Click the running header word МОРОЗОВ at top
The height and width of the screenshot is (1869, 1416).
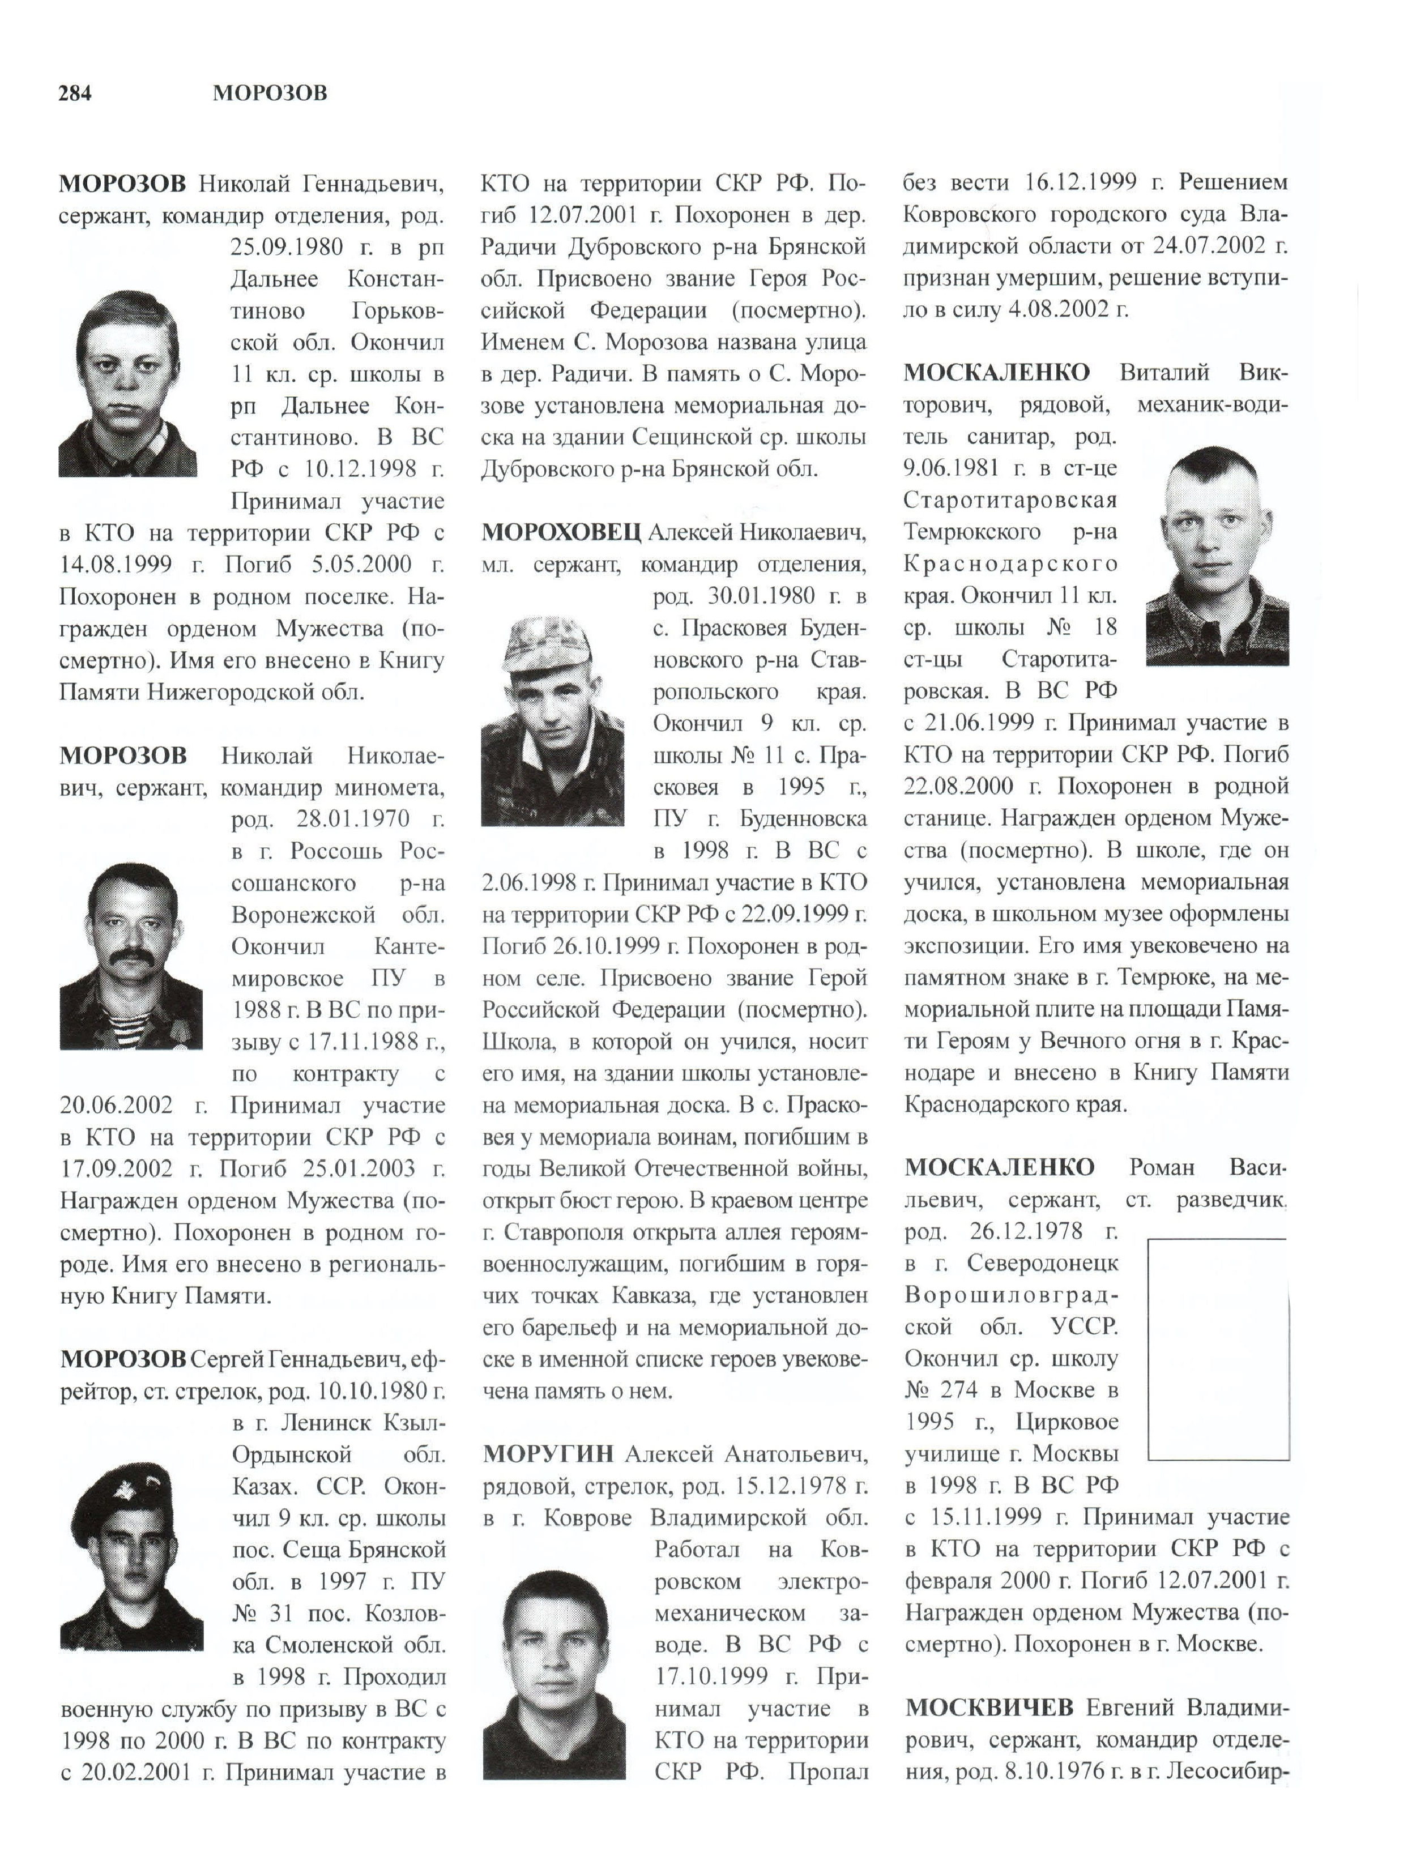(270, 93)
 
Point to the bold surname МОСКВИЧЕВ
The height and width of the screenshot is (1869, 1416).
(988, 1707)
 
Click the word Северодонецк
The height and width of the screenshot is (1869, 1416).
(1042, 1263)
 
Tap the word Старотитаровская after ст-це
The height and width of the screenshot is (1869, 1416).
(1010, 500)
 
